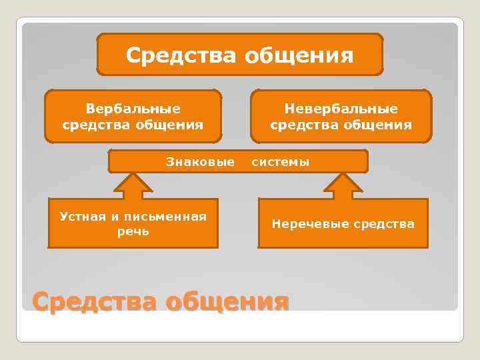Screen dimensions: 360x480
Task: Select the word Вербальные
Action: (x=133, y=108)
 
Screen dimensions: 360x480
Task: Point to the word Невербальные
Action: (x=341, y=108)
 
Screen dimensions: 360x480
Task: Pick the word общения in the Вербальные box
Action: (x=170, y=124)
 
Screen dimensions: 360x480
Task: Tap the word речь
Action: (x=133, y=231)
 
